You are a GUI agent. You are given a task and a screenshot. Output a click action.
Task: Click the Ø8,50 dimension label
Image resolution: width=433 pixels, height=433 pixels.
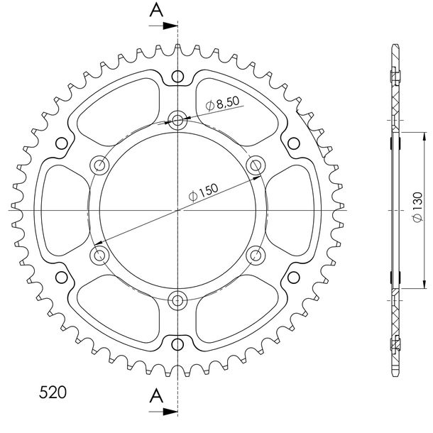tap(222, 103)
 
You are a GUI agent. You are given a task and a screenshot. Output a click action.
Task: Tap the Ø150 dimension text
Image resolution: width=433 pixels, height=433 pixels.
tap(203, 192)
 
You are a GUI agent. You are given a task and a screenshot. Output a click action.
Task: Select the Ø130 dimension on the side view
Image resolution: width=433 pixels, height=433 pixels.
tap(417, 207)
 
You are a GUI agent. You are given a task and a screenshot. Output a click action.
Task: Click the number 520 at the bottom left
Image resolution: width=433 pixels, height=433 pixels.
tap(53, 392)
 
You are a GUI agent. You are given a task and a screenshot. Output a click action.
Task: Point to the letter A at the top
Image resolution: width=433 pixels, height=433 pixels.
tap(156, 10)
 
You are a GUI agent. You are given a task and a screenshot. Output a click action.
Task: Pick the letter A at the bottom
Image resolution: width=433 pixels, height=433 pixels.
tap(156, 395)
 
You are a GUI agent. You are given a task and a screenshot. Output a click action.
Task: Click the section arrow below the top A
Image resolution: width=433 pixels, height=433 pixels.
tap(163, 26)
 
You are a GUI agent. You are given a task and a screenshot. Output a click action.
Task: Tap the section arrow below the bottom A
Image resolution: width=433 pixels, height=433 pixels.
tap(163, 412)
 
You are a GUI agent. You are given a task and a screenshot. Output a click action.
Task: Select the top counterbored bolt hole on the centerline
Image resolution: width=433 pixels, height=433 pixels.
tap(177, 121)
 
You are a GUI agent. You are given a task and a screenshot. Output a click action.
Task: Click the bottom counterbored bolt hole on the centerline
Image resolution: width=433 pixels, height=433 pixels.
tap(177, 300)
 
